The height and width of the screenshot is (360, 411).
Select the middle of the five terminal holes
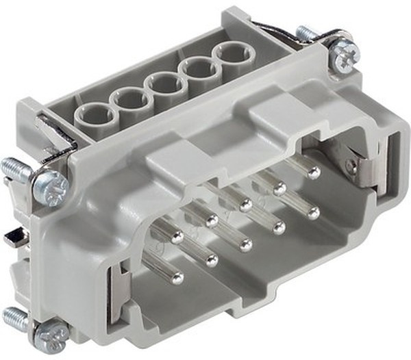pyautogui.click(x=165, y=86)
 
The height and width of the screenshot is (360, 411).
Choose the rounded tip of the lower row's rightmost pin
pyautogui.click(x=312, y=213)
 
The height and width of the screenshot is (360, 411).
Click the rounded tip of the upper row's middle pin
pyautogui.click(x=245, y=205)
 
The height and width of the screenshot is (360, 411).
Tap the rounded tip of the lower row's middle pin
pyautogui.click(x=245, y=244)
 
